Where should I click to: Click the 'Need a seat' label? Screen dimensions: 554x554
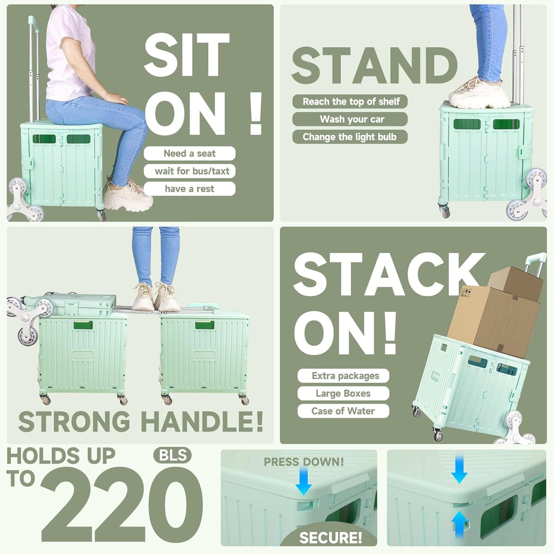pos(189,153)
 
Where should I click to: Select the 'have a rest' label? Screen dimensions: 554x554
pos(189,189)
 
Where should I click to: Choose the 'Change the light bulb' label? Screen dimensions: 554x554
pos(350,137)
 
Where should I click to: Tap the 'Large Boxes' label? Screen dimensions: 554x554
pos(343,393)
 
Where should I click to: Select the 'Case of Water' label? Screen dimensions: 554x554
pos(343,411)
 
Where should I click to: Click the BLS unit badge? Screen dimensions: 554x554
pos(172,455)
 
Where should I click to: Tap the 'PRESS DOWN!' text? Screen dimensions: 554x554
pos(304,462)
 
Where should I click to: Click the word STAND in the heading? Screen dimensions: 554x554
pos(374,66)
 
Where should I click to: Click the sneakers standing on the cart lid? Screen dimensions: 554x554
pos(479,93)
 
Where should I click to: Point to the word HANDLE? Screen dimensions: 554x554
pos(202,422)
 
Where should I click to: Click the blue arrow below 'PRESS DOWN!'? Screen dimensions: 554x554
pos(304,481)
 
